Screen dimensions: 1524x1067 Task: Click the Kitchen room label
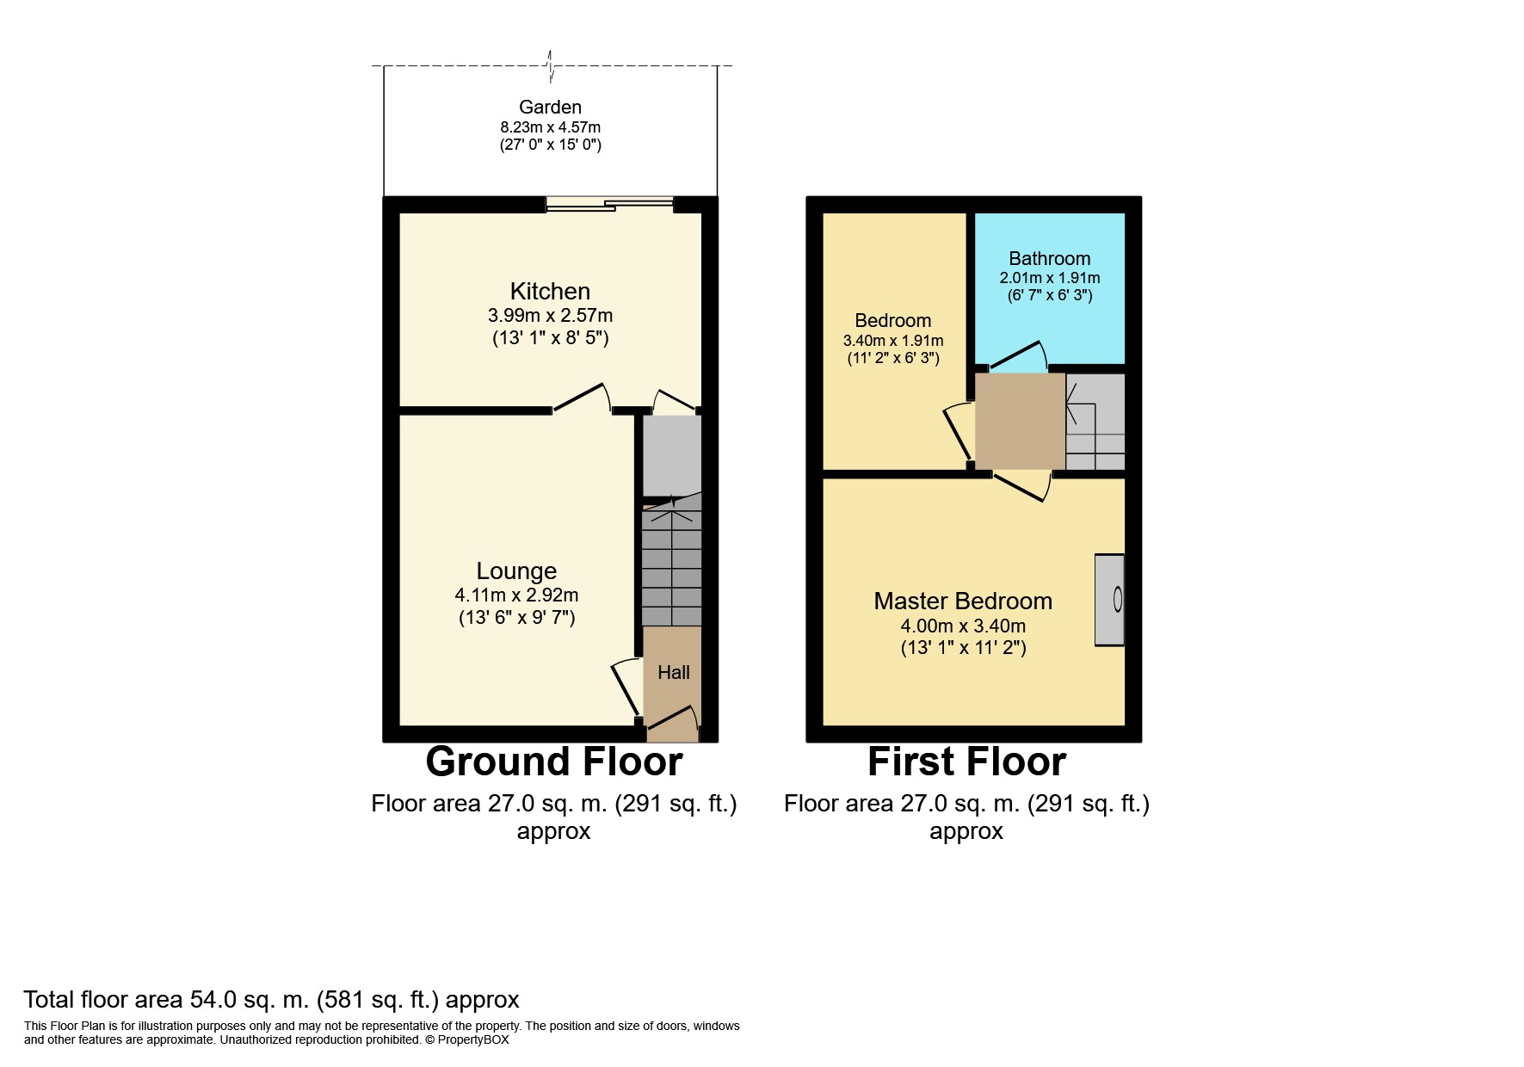point(550,291)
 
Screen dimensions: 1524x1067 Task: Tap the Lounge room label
point(516,571)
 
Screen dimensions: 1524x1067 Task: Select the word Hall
point(674,673)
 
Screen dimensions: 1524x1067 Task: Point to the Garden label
point(550,108)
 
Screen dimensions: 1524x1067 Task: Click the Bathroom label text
point(1049,258)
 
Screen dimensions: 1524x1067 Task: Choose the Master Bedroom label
point(963,601)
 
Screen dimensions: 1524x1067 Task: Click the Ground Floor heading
point(554,762)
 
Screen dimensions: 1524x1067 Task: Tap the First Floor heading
point(966,762)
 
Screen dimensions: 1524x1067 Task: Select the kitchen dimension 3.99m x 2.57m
point(550,315)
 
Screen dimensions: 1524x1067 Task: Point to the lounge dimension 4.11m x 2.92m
point(516,595)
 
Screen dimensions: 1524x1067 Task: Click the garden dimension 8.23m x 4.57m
point(550,127)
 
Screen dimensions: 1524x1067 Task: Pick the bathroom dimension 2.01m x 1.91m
point(1049,278)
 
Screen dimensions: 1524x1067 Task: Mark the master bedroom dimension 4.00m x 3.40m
point(963,626)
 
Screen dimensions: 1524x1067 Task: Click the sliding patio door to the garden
point(609,204)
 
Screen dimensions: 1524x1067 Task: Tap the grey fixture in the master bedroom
point(1109,599)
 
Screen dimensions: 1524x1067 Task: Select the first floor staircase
point(1095,422)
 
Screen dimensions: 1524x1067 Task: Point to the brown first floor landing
point(1021,422)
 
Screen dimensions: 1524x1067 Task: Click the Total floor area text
point(271,1000)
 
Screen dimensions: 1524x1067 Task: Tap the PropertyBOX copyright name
point(473,1039)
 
